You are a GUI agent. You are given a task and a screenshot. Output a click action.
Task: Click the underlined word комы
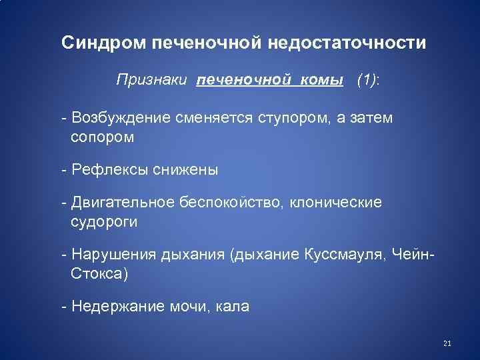(319, 81)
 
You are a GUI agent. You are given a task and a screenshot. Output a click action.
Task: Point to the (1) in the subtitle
(367, 81)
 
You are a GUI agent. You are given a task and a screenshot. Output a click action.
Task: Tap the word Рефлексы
(107, 170)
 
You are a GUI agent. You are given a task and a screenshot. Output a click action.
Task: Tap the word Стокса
(97, 273)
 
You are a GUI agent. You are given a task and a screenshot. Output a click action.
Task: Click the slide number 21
(447, 344)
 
